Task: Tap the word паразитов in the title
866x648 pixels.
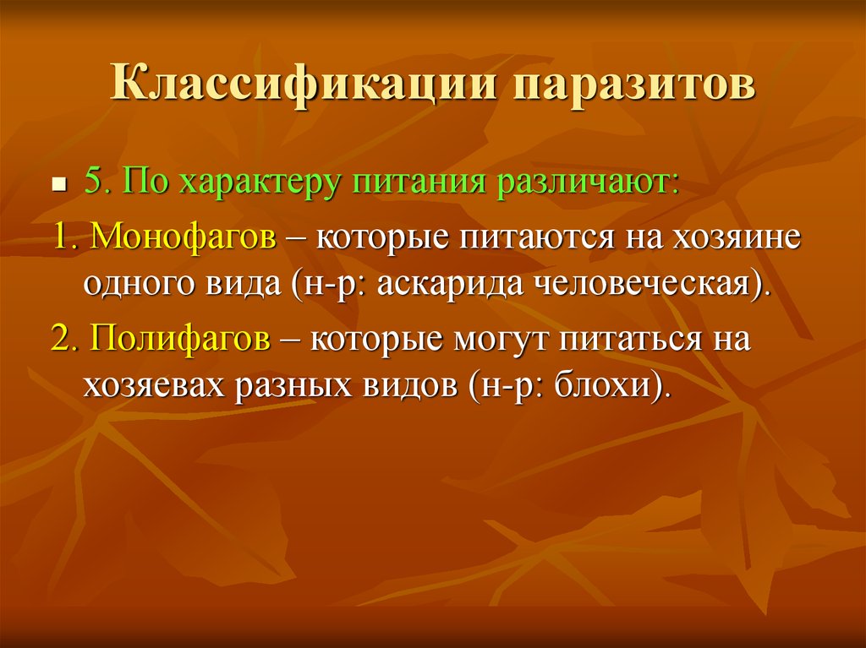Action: click(x=633, y=84)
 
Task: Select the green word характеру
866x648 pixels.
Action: click(x=258, y=185)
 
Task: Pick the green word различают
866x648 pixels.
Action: click(x=586, y=185)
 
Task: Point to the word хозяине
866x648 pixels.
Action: click(x=737, y=237)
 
